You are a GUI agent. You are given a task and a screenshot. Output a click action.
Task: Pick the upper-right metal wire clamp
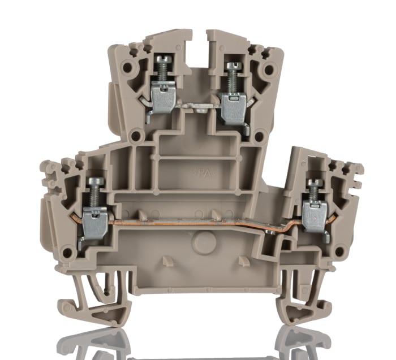point(233,105)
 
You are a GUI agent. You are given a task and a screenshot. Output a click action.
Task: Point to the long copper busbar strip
point(187,222)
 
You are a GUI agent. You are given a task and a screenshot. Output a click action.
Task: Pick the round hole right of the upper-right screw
point(269,70)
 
